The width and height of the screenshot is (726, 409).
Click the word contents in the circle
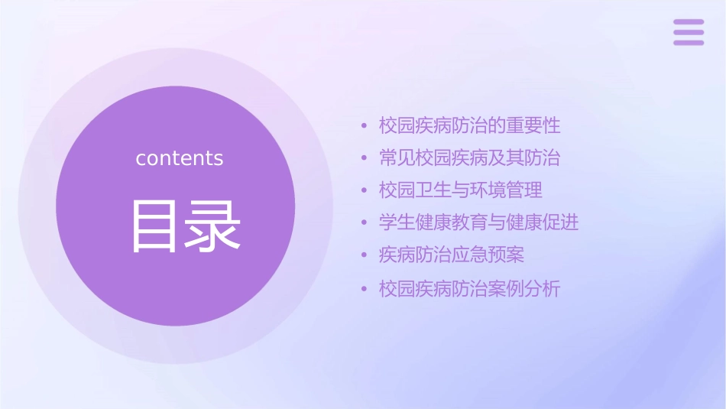pos(180,158)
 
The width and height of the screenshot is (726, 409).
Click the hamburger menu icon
pos(689,32)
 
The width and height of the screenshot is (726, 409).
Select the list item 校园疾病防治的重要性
pos(470,125)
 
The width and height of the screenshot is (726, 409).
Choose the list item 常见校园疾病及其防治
pos(470,158)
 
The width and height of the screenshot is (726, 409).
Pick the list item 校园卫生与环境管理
pos(461,190)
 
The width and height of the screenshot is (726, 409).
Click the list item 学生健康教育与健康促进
pos(479,222)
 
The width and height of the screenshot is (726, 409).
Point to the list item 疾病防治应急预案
pos(452,255)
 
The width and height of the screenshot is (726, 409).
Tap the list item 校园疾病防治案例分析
pos(470,289)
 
